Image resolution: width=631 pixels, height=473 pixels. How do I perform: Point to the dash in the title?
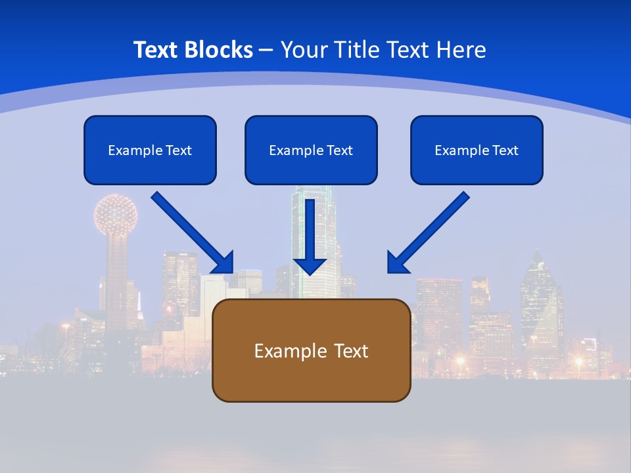click(x=266, y=51)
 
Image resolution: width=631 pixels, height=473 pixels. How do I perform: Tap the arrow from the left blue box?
click(x=191, y=231)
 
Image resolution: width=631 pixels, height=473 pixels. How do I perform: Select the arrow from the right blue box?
click(x=431, y=231)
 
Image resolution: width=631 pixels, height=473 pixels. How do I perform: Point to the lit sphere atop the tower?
click(x=116, y=214)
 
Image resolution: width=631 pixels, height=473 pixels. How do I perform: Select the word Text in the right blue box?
click(x=505, y=150)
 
